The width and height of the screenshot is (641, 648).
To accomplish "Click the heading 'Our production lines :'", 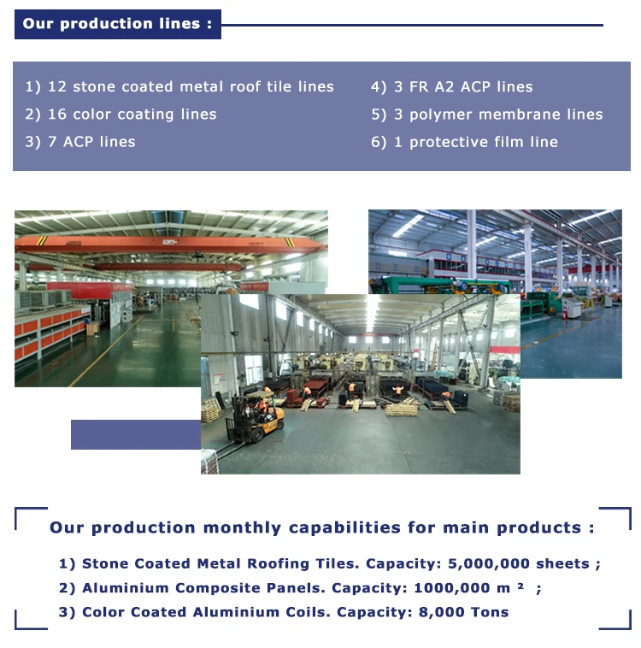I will pyautogui.click(x=117, y=24).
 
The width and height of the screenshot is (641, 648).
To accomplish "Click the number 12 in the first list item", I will pyautogui.click(x=56, y=87).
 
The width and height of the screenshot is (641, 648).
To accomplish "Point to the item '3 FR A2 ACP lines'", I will pyautogui.click(x=451, y=87).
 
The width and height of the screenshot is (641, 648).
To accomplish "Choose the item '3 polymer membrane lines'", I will pyautogui.click(x=486, y=115).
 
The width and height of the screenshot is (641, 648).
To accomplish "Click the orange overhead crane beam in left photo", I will pyautogui.click(x=171, y=246).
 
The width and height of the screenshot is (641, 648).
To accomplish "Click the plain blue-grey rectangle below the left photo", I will pyautogui.click(x=135, y=434).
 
